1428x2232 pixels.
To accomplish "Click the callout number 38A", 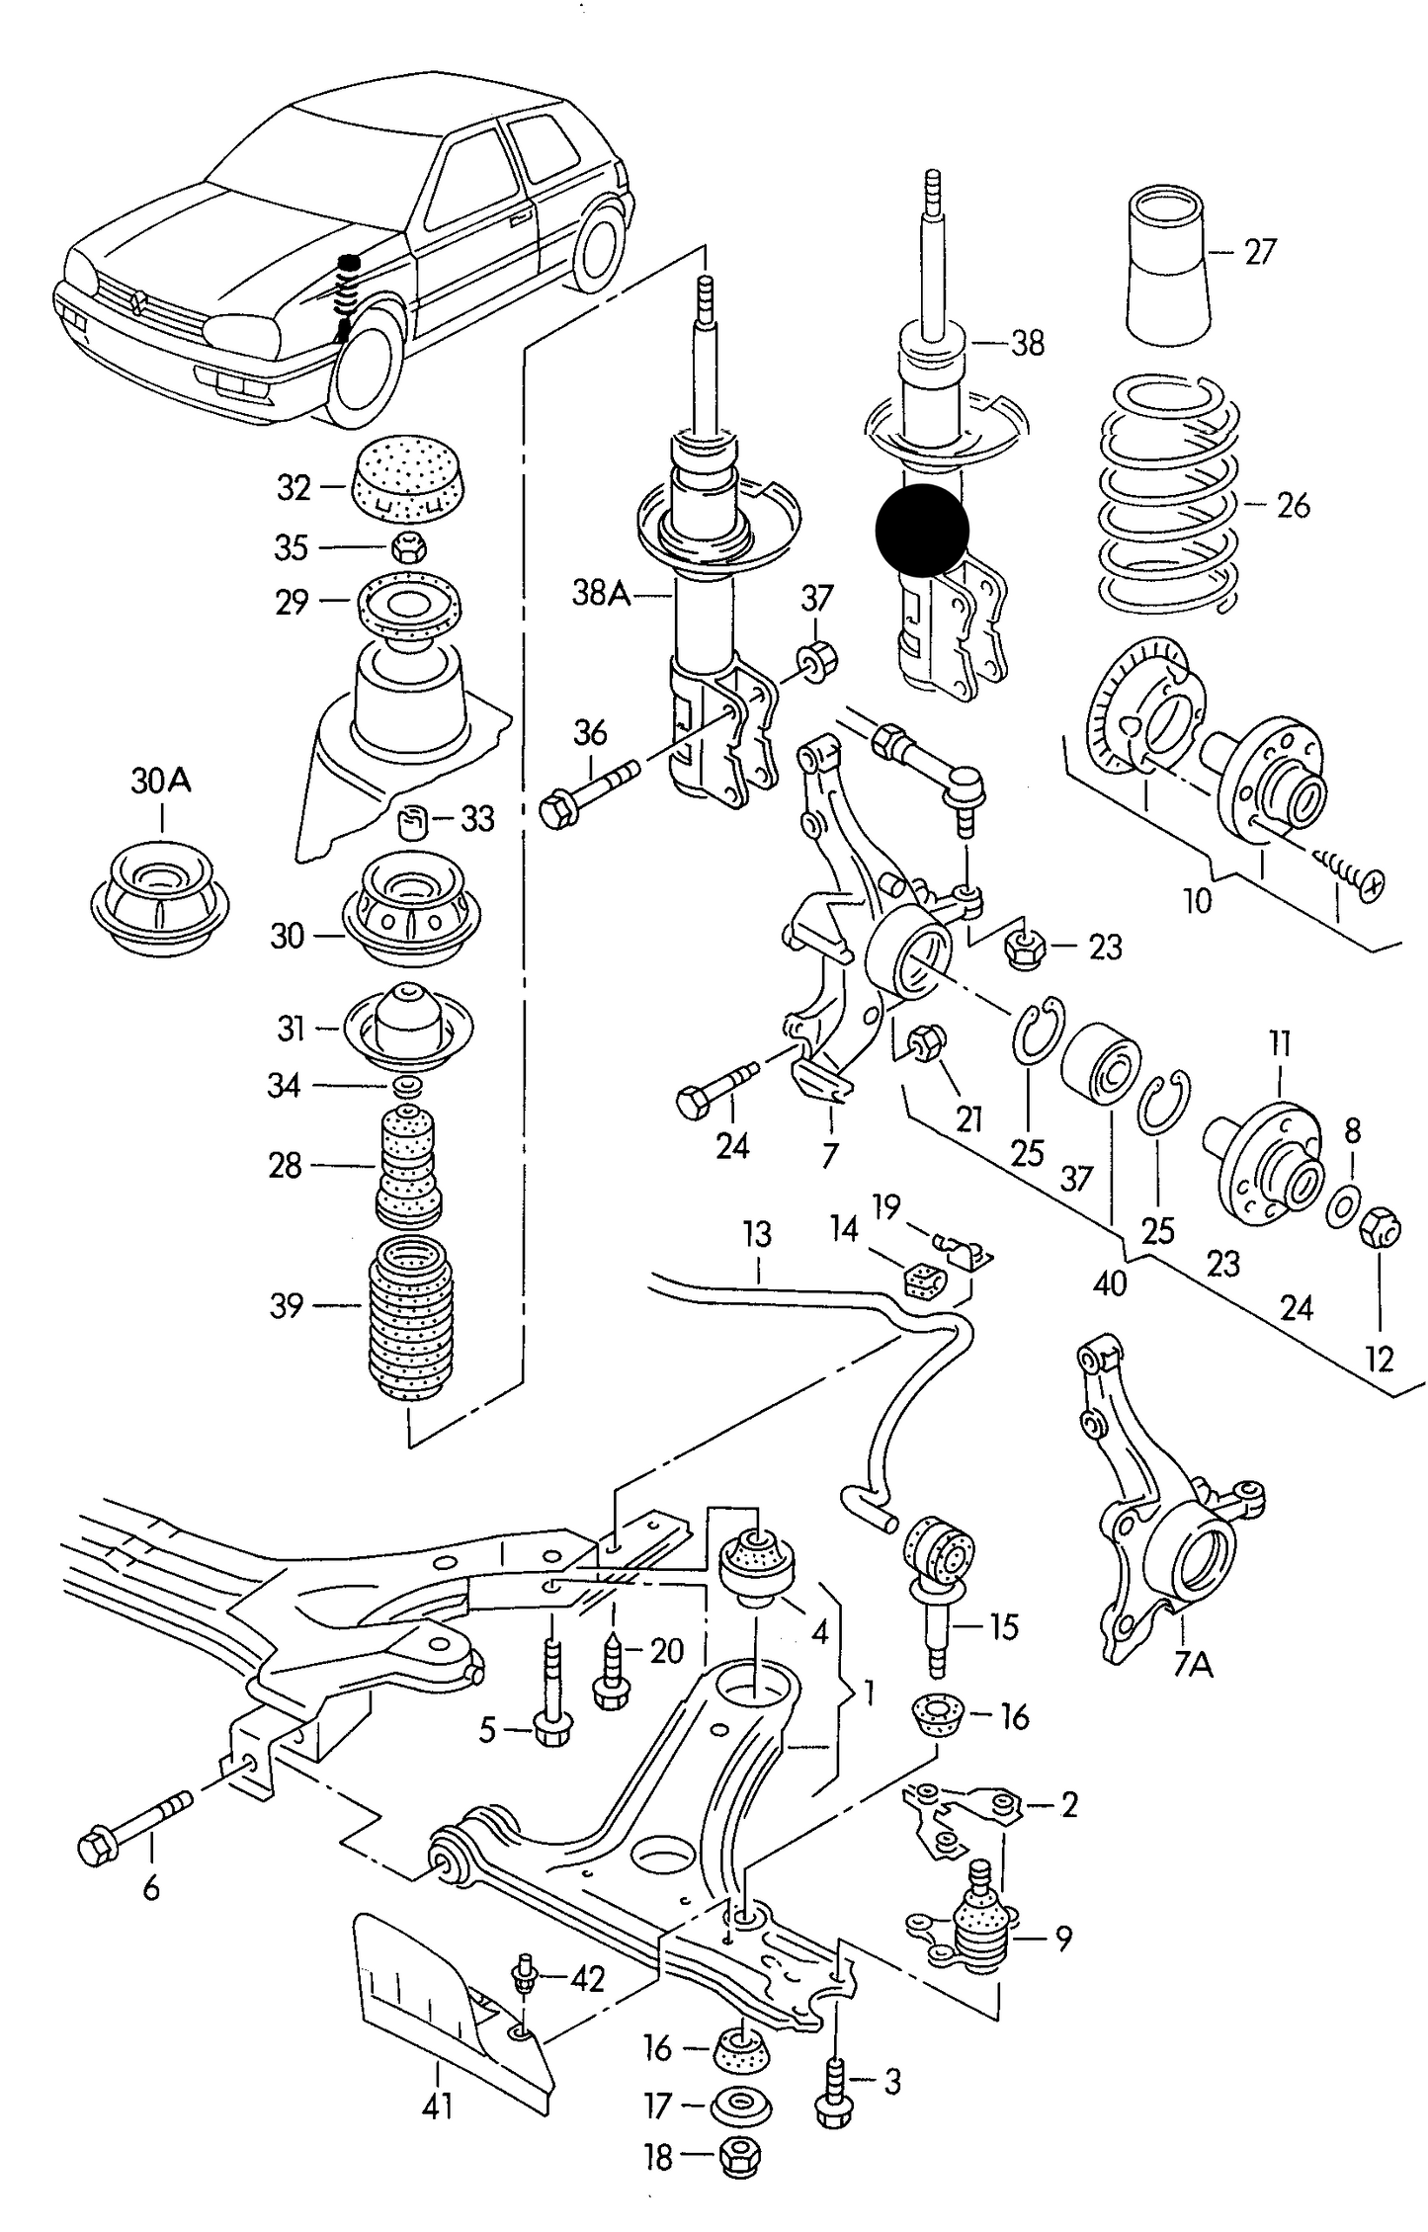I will coord(600,593).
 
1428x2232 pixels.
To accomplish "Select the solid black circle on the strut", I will coord(922,531).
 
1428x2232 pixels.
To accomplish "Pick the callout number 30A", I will coord(161,782).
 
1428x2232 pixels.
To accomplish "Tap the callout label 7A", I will coord(1193,1667).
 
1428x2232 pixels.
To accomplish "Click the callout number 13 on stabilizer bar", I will coord(757,1235).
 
